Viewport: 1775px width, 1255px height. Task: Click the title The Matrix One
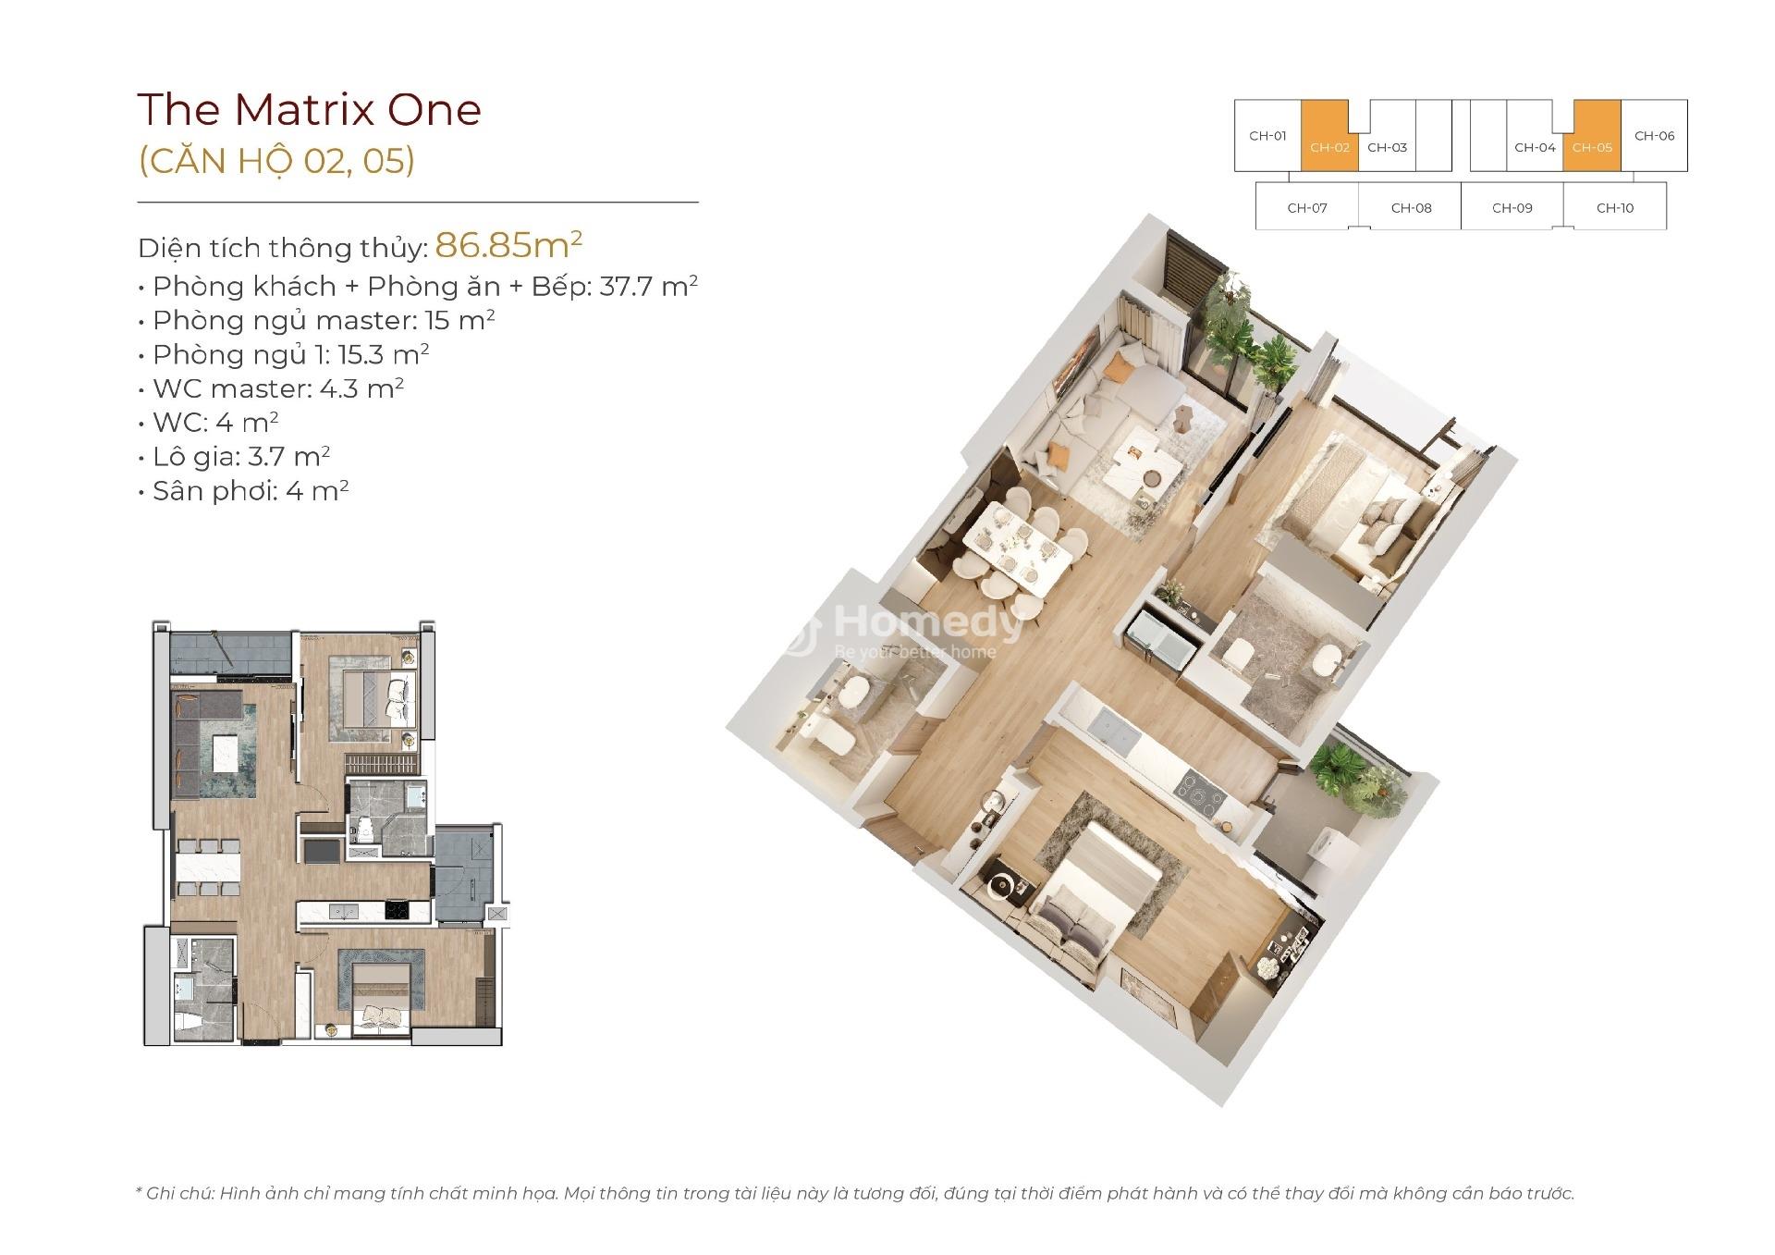(310, 109)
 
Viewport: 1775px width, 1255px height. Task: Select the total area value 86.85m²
(508, 245)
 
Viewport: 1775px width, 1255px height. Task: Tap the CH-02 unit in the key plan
(1329, 136)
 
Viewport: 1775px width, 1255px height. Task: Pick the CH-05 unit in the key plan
(1592, 136)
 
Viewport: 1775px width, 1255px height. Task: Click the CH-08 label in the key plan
(1411, 208)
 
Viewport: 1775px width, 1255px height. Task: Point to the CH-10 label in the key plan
(1615, 208)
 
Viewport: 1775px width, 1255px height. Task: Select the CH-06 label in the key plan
(1654, 136)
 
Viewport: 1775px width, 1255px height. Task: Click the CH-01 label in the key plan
(1267, 136)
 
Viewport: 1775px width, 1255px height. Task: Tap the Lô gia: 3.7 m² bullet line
(235, 456)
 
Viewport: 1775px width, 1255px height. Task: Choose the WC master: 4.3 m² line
(271, 388)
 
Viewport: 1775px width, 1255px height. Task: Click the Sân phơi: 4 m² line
(244, 490)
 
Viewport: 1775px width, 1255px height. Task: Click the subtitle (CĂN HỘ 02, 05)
(276, 160)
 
